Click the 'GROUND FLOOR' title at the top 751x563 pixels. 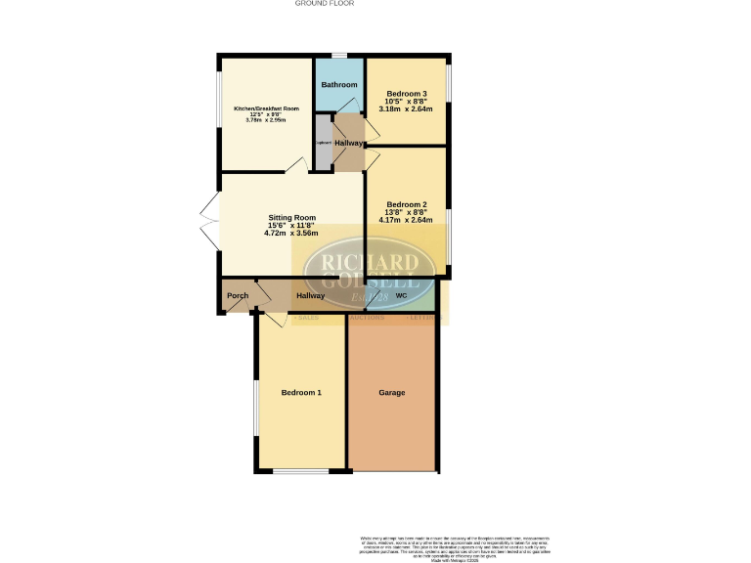(324, 4)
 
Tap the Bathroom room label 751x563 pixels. (339, 85)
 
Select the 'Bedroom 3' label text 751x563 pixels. (407, 93)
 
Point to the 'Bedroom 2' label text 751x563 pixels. (407, 204)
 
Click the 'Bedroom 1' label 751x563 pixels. (301, 392)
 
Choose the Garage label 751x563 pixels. (392, 392)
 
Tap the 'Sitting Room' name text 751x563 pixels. (292, 217)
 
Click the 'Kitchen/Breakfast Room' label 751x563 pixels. (266, 108)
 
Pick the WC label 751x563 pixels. (401, 295)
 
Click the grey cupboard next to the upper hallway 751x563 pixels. (324, 143)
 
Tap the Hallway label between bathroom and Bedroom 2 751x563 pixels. (348, 143)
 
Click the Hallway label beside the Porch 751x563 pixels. (311, 295)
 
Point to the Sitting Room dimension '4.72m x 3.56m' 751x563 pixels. (292, 234)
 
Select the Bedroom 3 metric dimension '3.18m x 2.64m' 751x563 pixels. (407, 109)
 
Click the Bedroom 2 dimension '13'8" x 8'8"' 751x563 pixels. (407, 212)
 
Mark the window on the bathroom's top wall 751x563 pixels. (338, 55)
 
